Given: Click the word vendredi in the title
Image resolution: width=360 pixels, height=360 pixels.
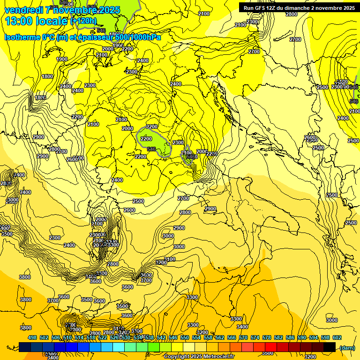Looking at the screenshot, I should pos(24,10).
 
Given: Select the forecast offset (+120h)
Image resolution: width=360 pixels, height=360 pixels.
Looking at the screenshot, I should pos(83,21).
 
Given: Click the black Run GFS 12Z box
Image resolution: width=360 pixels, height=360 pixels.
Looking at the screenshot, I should pos(299,7).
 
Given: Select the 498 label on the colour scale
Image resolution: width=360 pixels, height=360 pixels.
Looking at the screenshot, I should pos(32,337).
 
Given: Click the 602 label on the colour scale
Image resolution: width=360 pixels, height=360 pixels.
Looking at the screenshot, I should pos(337,337).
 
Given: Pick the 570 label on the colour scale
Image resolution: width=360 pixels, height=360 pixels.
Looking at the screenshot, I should pos(243,337).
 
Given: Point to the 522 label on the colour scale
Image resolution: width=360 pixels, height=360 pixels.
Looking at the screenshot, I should pos(103,337).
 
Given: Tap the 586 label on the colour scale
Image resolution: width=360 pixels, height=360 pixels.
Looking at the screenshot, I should pos(290,337).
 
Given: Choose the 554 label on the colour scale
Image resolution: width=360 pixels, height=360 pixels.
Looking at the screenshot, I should pos(196,337).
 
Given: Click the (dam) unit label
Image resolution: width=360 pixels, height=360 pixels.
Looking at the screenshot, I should pos(347,347).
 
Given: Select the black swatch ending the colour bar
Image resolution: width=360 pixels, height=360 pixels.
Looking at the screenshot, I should pos(330,347).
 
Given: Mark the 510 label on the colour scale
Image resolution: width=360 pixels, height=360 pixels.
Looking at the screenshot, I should pos(67,337).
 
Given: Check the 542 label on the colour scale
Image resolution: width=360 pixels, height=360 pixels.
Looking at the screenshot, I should pos(161,337).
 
